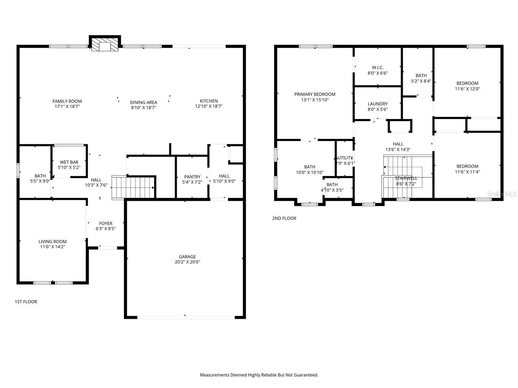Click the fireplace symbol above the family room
(x=105, y=45)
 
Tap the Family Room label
(x=67, y=101)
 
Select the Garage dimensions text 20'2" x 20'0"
(x=187, y=262)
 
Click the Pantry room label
(x=192, y=177)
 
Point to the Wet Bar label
(x=69, y=162)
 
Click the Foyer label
(x=106, y=223)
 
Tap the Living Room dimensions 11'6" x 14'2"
(x=52, y=247)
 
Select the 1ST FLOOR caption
(x=26, y=302)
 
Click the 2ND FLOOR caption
(x=284, y=218)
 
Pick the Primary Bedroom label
(x=315, y=94)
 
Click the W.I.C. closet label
(x=377, y=68)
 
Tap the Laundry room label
(x=377, y=104)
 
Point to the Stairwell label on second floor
(x=406, y=178)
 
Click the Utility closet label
(x=345, y=158)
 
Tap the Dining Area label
(x=143, y=102)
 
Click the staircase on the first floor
(x=133, y=188)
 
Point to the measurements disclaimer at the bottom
(x=259, y=375)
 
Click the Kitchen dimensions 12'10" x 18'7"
(x=208, y=106)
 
